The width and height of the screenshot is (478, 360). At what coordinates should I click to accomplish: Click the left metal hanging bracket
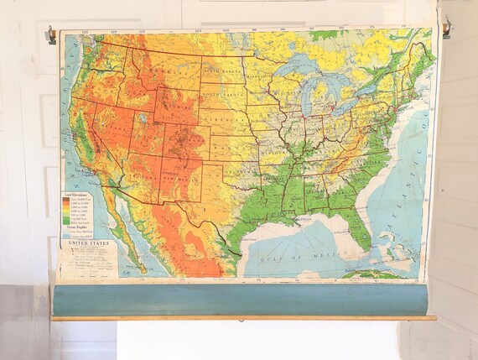51,35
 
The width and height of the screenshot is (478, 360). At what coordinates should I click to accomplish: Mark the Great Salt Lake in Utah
140,118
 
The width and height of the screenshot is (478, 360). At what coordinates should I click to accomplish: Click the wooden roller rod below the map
243,317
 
